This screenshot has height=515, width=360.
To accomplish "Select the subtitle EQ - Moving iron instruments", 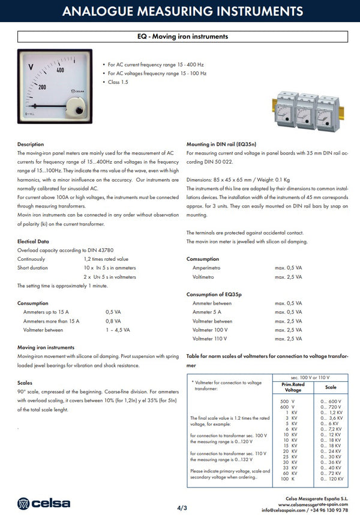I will pyautogui.click(x=182, y=37).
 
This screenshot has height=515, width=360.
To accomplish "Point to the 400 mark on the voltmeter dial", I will pyautogui.click(x=60, y=70).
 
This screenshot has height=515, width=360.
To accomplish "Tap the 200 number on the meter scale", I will pyautogui.click(x=42, y=86).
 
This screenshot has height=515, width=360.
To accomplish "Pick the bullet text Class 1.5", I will pyautogui.click(x=118, y=82).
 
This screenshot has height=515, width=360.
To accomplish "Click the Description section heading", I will pyautogui.click(x=31, y=144).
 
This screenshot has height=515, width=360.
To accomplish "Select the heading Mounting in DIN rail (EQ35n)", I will pyautogui.click(x=221, y=144).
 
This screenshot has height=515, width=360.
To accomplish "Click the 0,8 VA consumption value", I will pyautogui.click(x=113, y=321).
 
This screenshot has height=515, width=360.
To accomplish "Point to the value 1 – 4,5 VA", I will pyautogui.click(x=118, y=330).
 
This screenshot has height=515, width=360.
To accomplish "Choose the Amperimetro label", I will pyautogui.click(x=208, y=268).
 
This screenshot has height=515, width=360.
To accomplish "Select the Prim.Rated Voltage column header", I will pyautogui.click(x=293, y=387).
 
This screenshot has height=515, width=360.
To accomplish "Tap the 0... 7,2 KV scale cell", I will pyautogui.click(x=331, y=429).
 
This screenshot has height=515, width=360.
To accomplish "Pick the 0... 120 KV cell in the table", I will pyautogui.click(x=332, y=479).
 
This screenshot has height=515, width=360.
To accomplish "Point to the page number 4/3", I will pyautogui.click(x=182, y=508).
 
